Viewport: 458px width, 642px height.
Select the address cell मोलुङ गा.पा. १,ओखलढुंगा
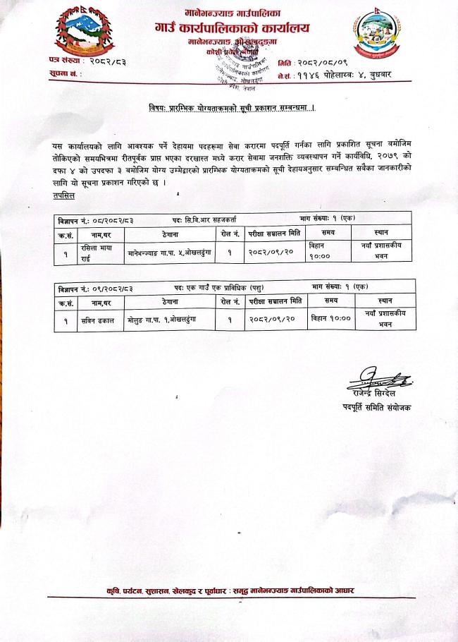(x=161, y=320)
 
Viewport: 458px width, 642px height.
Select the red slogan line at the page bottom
(x=228, y=590)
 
